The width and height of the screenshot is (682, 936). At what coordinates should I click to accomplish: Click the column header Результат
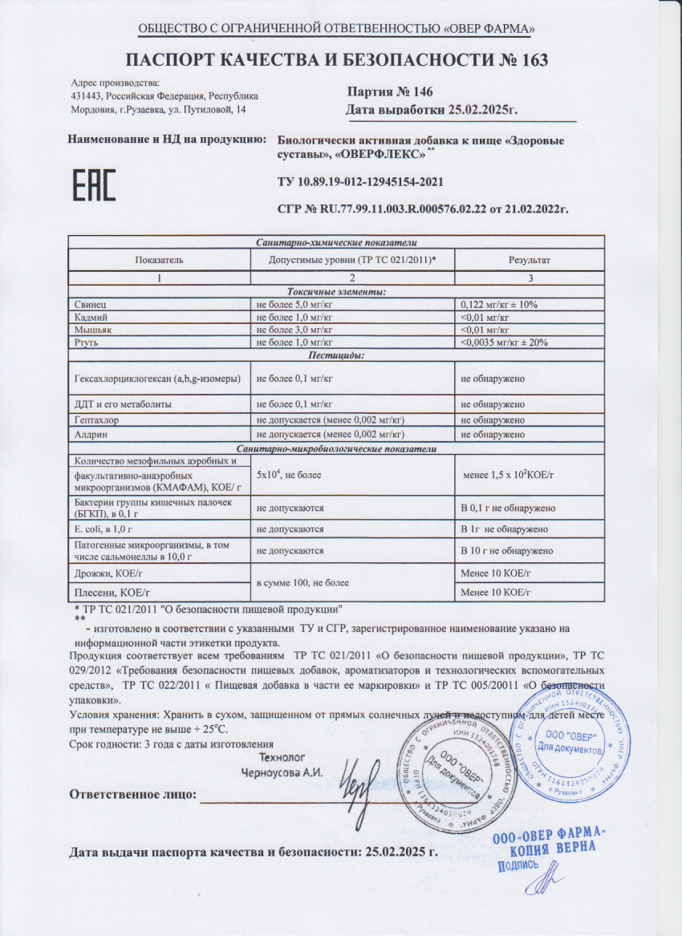coord(530,260)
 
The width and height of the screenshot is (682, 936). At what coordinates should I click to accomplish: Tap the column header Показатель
coord(159,260)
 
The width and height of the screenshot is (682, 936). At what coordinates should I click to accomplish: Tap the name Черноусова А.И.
coord(282,772)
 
